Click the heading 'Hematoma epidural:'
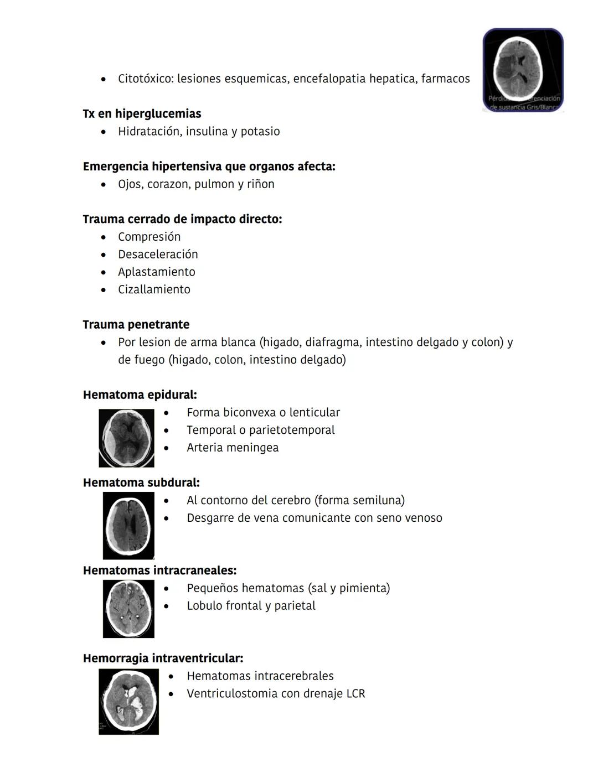140,395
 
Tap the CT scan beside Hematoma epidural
126,438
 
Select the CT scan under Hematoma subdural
128,526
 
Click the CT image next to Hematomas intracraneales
128,609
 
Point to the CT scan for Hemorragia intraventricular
128,702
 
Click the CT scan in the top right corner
523,70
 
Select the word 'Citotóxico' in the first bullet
145,79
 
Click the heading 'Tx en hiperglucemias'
142,113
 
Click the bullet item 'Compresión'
149,236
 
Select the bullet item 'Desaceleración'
158,254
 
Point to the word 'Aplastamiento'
156,272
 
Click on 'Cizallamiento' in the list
154,289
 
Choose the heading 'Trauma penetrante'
136,324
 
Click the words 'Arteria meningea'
233,447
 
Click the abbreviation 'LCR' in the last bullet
355,693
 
